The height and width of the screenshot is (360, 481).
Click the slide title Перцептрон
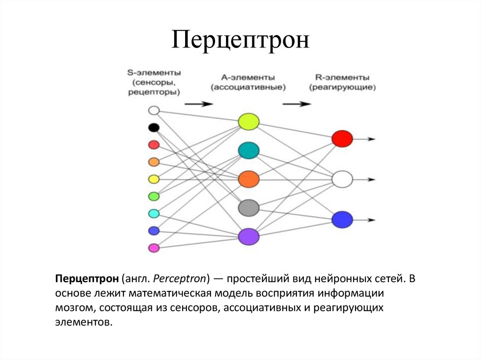(x=240, y=40)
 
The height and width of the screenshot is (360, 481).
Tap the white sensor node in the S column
(x=154, y=111)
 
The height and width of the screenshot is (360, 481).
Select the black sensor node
(x=154, y=127)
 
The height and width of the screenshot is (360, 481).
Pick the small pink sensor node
(x=154, y=248)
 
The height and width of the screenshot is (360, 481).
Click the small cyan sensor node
(x=154, y=214)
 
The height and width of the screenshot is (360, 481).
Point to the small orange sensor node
(x=154, y=162)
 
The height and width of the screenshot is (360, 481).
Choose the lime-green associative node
(x=248, y=122)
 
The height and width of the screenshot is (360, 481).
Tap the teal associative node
(x=248, y=150)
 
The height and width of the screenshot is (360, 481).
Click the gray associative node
(x=248, y=207)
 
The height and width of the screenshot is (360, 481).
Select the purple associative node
(x=248, y=236)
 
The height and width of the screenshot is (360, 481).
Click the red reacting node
(x=342, y=138)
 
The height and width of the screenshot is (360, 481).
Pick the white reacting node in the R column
(x=342, y=179)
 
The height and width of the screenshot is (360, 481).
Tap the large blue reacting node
(x=342, y=219)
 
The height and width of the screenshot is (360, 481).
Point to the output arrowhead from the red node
(x=371, y=139)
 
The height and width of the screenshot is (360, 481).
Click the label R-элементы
(x=341, y=77)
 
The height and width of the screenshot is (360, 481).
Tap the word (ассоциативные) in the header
(x=248, y=87)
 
